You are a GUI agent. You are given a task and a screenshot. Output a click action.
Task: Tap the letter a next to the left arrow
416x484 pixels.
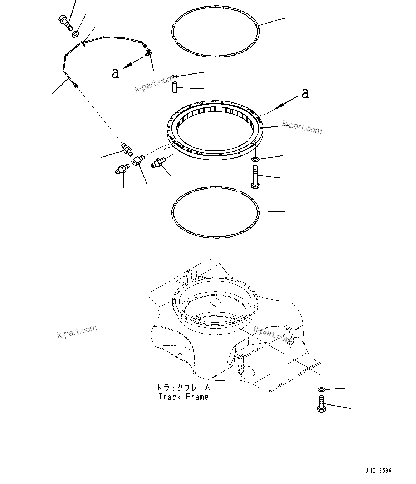pyautogui.click(x=115, y=73)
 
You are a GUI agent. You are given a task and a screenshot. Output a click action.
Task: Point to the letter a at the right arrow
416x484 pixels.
pyautogui.click(x=305, y=93)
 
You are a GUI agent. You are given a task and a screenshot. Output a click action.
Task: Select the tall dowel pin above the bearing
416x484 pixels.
pyautogui.click(x=174, y=88)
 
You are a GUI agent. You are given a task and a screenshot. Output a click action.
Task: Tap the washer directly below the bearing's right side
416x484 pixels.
pyautogui.click(x=255, y=159)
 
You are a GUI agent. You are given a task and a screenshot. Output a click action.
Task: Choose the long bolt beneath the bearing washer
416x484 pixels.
pyautogui.click(x=255, y=177)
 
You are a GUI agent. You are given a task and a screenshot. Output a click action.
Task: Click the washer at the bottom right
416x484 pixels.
pyautogui.click(x=321, y=389)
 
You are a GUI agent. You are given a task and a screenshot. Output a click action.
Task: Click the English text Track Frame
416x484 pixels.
pyautogui.click(x=183, y=397)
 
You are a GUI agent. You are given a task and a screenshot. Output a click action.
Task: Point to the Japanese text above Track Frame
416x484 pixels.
pyautogui.click(x=183, y=388)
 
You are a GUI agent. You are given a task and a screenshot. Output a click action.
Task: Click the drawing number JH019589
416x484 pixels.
pyautogui.click(x=381, y=471)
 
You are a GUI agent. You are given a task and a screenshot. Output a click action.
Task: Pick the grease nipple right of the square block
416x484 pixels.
pyautogui.click(x=158, y=162)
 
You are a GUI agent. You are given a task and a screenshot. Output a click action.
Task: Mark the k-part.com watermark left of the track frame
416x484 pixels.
pyautogui.click(x=77, y=331)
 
